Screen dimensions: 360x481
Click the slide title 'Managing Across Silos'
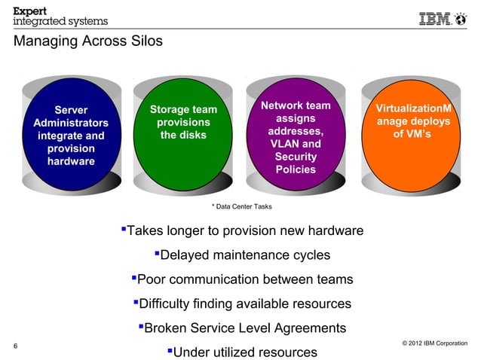click(x=87, y=42)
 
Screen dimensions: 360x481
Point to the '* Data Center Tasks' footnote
click(x=241, y=206)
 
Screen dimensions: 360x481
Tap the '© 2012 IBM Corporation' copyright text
click(x=435, y=343)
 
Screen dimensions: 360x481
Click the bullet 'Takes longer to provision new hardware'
click(x=241, y=230)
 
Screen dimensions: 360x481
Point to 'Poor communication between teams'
click(x=241, y=279)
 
